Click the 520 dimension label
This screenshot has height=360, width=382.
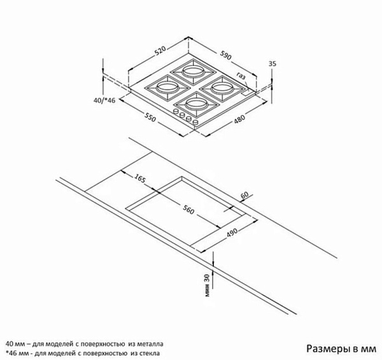[160, 51]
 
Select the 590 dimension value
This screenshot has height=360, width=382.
[225, 55]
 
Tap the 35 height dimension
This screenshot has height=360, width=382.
[272, 64]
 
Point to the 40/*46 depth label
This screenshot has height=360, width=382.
[104, 100]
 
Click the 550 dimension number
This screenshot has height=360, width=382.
[150, 117]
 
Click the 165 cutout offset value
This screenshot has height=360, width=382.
[140, 179]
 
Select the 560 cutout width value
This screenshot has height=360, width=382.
[188, 210]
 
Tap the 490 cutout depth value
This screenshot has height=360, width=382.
[232, 233]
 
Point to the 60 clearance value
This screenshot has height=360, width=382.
[244, 194]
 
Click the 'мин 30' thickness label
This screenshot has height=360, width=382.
[207, 285]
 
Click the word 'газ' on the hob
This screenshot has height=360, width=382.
[241, 76]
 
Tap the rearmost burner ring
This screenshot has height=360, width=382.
[193, 71]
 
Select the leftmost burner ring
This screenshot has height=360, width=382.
[167, 87]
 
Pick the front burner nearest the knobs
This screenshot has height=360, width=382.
[195, 103]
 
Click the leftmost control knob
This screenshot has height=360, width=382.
[176, 112]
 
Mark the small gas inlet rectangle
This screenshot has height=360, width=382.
[246, 92]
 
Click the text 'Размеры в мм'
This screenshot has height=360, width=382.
[341, 349]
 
